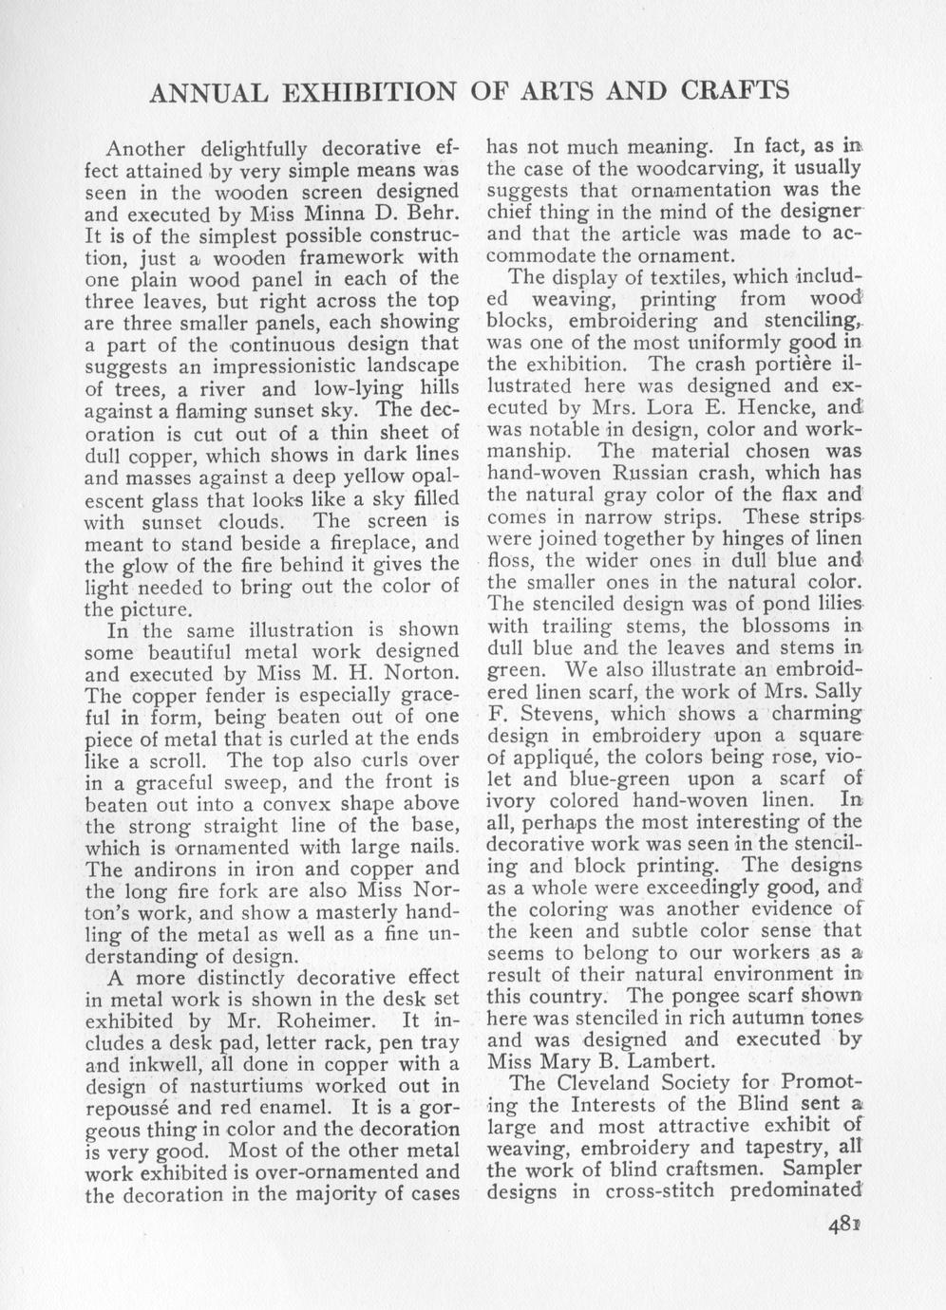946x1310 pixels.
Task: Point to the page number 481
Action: point(843,1224)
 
